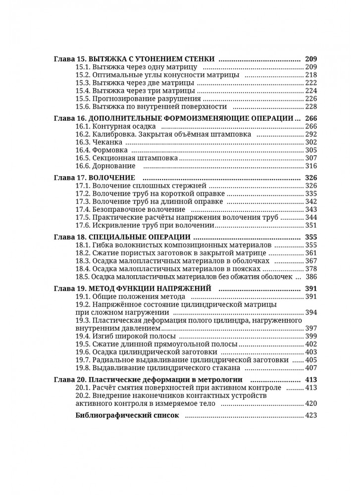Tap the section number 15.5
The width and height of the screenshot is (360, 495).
coord(83,98)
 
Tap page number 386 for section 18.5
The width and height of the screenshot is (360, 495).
coord(311,276)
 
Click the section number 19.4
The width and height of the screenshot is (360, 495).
coord(83,336)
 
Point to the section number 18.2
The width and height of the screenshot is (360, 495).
coord(83,253)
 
